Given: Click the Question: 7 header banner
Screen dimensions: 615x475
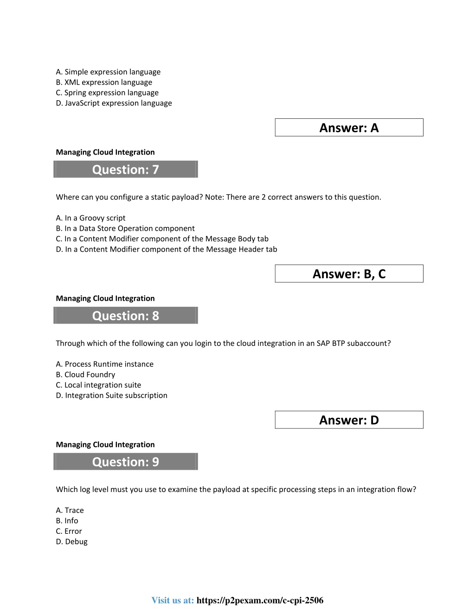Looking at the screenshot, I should [x=126, y=169].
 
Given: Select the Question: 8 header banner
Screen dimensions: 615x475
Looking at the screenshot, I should [x=126, y=316].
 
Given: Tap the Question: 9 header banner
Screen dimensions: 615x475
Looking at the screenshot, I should [x=126, y=462].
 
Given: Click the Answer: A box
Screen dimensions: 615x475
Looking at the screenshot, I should [x=349, y=128].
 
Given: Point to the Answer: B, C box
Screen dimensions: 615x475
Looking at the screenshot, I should [x=349, y=274].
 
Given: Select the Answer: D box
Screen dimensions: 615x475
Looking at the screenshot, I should [x=349, y=420].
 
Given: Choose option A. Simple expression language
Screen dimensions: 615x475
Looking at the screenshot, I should [x=108, y=72].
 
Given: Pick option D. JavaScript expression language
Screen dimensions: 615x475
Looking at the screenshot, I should [x=114, y=103].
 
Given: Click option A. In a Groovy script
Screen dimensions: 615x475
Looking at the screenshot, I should [x=90, y=218].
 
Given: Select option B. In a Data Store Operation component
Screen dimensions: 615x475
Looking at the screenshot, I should [x=125, y=228].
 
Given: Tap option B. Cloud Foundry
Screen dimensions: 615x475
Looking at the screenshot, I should [x=85, y=375].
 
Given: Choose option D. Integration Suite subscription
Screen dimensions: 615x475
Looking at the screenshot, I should [x=111, y=395].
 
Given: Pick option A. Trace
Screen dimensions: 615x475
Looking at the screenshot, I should [x=70, y=511].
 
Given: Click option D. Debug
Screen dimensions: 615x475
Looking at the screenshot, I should [x=71, y=542].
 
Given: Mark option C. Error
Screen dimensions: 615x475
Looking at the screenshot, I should [x=69, y=531].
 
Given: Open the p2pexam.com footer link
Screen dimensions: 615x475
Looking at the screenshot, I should [x=260, y=601].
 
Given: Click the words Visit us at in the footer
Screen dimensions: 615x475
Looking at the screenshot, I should [x=173, y=601].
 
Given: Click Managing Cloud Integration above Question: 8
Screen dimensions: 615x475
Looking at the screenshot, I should [x=105, y=298].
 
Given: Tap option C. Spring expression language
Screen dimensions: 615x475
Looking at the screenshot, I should [x=107, y=93].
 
